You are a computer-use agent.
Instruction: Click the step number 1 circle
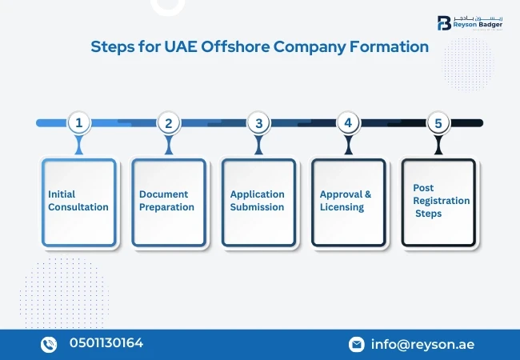pos(78,122)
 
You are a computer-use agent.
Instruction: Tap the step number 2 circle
pos(168,122)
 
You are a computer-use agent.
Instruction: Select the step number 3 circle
pos(258,122)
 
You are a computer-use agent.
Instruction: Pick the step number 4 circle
pos(347,122)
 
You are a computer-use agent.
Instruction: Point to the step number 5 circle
pos(438,122)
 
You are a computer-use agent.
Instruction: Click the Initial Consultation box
pos(78,202)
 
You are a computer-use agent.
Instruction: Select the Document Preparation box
pos(168,202)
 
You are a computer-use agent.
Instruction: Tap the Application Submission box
pos(258,202)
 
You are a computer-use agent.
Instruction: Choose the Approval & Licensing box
pos(348,202)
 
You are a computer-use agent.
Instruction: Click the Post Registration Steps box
pos(438,202)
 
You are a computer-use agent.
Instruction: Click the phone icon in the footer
pos(50,344)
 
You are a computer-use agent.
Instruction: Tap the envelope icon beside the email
pos(357,345)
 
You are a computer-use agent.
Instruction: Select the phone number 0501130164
pos(106,344)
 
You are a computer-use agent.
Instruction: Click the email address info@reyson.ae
pos(422,345)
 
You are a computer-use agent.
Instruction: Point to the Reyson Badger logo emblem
pos(443,22)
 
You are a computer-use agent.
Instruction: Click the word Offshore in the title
pos(233,47)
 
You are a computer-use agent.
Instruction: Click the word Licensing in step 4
pos(342,207)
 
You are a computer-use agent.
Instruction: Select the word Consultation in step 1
pos(78,207)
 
